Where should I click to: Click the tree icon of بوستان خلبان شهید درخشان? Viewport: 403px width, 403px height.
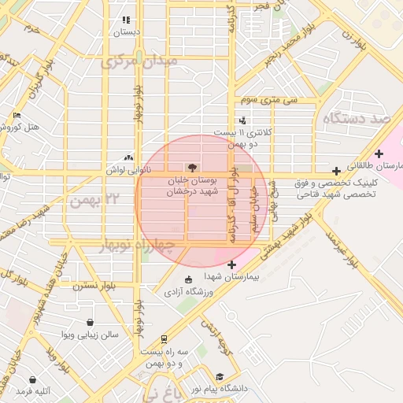(190, 167)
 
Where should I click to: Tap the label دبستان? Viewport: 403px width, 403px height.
(126, 32)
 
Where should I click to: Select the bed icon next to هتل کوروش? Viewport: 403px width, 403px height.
(17, 116)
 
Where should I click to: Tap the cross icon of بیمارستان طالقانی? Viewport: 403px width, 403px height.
(379, 153)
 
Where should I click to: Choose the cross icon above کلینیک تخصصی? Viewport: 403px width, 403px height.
(337, 170)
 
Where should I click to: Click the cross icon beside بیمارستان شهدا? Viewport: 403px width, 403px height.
(230, 264)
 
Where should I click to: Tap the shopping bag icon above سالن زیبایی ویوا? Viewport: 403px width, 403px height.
(91, 322)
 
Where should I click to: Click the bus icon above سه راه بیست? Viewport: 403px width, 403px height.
(163, 339)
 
